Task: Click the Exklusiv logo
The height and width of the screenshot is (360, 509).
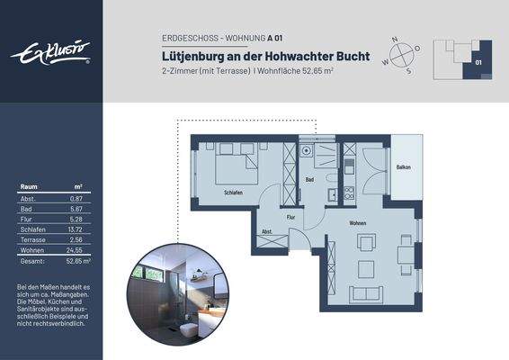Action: click(x=50, y=52)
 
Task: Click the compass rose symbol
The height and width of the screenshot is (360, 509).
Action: click(x=400, y=53)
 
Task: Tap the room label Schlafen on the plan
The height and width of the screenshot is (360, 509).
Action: click(x=235, y=192)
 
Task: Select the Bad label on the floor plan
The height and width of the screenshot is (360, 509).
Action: click(x=309, y=180)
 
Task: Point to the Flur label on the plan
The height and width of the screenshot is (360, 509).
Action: click(x=290, y=217)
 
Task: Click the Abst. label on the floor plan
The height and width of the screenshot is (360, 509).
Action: click(x=267, y=231)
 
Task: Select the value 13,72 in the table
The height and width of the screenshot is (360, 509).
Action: click(x=75, y=230)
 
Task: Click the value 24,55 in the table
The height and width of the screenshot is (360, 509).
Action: click(x=75, y=250)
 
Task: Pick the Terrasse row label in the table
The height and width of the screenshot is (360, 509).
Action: click(x=32, y=240)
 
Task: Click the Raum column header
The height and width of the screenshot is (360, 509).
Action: click(x=28, y=186)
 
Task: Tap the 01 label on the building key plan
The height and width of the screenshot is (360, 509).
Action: click(x=478, y=63)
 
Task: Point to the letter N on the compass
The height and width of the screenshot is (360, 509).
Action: click(x=397, y=39)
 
